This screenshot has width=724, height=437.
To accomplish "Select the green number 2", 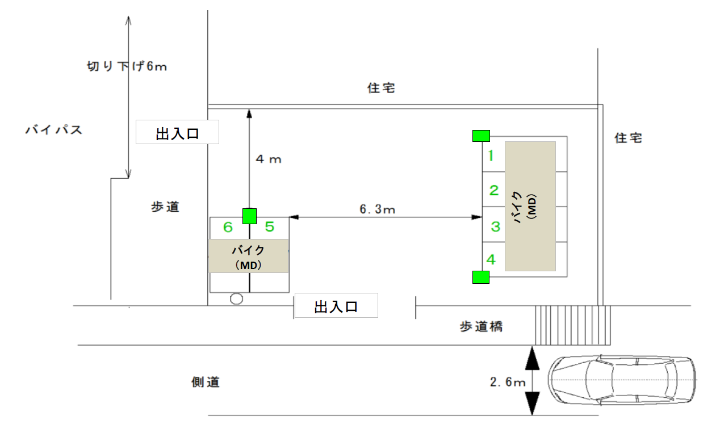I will [494, 190].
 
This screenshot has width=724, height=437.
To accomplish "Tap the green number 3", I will [495, 226].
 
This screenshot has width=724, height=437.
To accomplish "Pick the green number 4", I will [491, 260].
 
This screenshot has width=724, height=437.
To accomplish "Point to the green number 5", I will [270, 227].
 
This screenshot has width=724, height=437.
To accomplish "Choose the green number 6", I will [228, 227].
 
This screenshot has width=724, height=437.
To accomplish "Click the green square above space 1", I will [481, 136].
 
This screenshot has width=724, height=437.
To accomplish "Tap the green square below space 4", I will [481, 277].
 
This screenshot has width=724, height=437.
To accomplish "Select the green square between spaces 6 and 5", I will [249, 216].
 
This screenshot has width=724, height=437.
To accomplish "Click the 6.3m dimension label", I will [377, 209].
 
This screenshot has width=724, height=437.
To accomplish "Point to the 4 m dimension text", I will [269, 159].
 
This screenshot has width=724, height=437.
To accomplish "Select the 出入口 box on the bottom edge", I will [336, 307].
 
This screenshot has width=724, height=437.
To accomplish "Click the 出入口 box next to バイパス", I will [177, 133].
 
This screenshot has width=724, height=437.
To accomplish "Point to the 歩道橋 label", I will [481, 327].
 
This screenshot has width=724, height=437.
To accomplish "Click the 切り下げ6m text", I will [127, 66].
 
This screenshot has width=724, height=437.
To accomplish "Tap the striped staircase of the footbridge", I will [572, 325].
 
